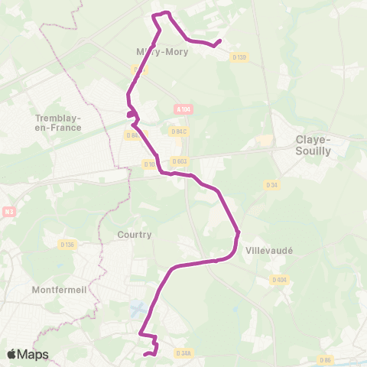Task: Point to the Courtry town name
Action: point(135,235)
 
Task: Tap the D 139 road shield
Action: point(240,57)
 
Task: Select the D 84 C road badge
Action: point(178,132)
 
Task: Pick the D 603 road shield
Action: point(180,161)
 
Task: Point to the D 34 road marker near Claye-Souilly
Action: point(271,184)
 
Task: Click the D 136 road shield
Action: point(67,245)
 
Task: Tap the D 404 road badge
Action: point(279,280)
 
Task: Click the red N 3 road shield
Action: point(8,212)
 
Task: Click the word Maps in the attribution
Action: point(34,354)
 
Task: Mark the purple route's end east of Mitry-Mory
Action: point(220,41)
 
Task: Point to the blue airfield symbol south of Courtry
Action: point(138,310)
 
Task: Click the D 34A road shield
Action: point(183,353)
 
